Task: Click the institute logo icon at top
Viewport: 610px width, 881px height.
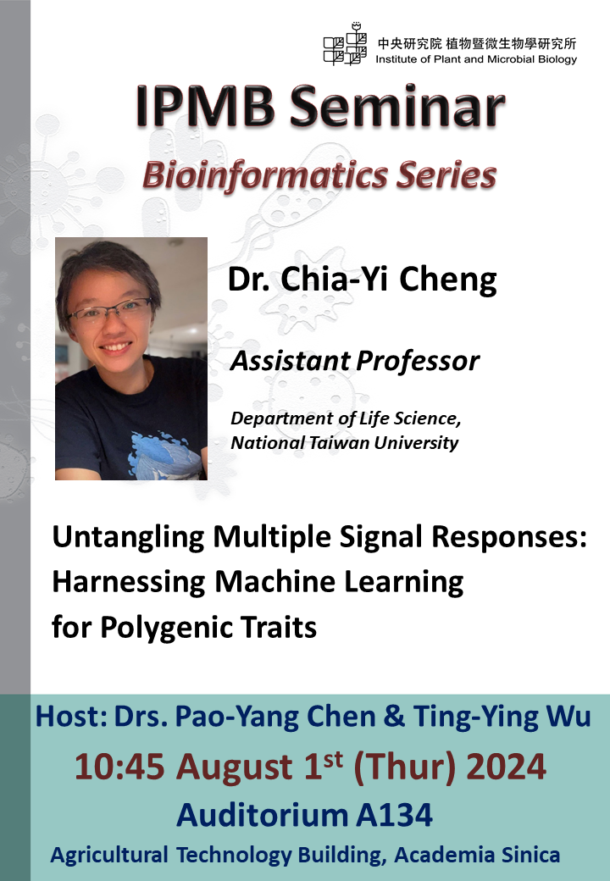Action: click(x=345, y=44)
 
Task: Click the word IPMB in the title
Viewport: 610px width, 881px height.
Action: click(x=206, y=106)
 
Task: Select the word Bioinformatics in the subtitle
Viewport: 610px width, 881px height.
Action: click(x=265, y=175)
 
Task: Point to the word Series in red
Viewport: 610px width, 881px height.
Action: click(x=446, y=175)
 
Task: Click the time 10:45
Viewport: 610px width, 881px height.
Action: click(x=119, y=767)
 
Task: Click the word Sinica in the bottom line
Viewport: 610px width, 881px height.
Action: click(x=530, y=855)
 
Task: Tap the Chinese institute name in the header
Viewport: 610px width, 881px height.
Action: click(x=477, y=43)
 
